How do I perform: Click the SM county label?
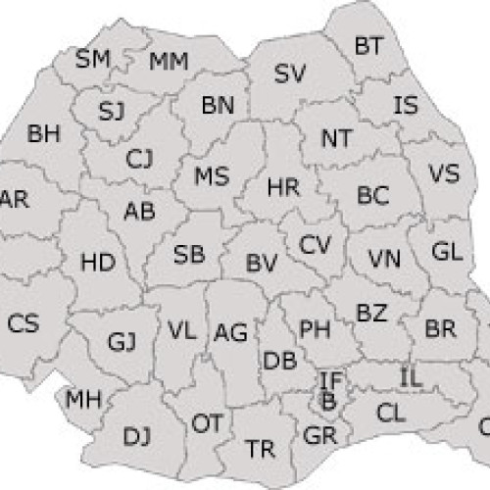click(x=93, y=60)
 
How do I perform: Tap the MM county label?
click(x=169, y=63)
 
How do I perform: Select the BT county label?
click(x=368, y=45)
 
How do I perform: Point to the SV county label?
click(x=289, y=73)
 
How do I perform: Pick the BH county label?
click(x=44, y=133)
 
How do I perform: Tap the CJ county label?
click(x=140, y=157)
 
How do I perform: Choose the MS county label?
click(x=212, y=177)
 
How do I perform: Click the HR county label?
click(x=283, y=186)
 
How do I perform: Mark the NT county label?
click(x=336, y=141)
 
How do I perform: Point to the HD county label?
click(x=97, y=263)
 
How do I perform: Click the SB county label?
click(x=189, y=256)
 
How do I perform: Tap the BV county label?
click(x=262, y=263)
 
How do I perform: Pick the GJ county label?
click(x=122, y=341)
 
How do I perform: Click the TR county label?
click(x=260, y=449)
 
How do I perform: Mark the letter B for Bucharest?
click(x=327, y=400)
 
